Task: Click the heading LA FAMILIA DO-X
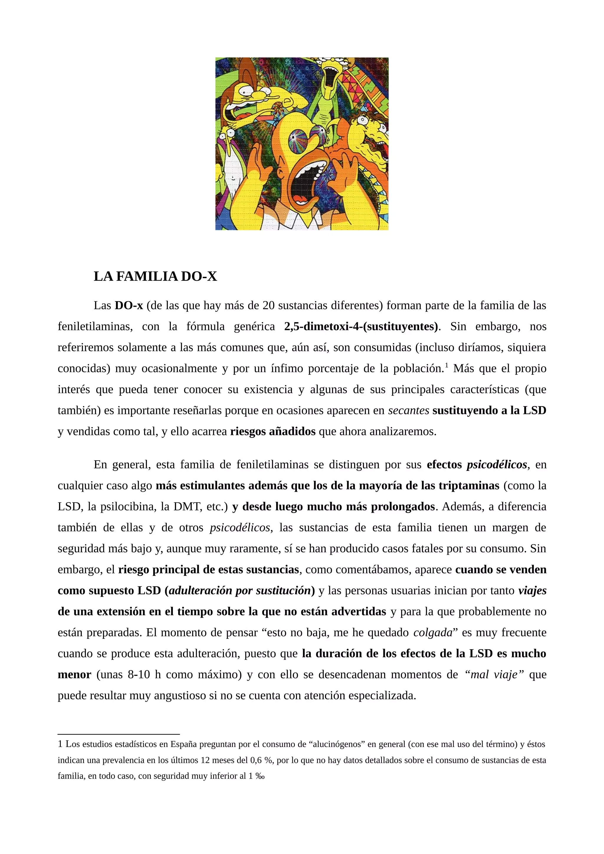pos(155,276)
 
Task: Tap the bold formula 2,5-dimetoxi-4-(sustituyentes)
pos(361,326)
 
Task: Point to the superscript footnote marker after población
pos(447,366)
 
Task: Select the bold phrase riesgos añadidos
pos(273,431)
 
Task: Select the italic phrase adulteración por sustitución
pos(240,590)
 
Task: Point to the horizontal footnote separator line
pos(119,734)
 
